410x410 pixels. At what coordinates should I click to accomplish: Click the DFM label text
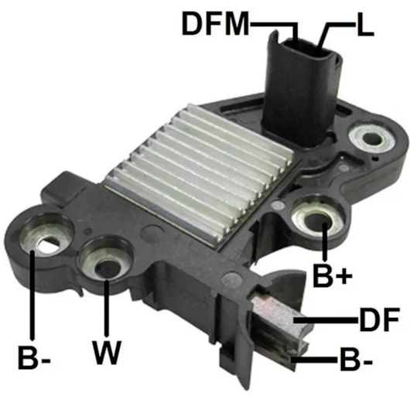click(215, 24)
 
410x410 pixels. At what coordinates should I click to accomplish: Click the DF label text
click(379, 319)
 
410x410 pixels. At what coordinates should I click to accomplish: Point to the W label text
click(107, 353)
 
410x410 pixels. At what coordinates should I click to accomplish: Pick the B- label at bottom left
click(34, 357)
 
